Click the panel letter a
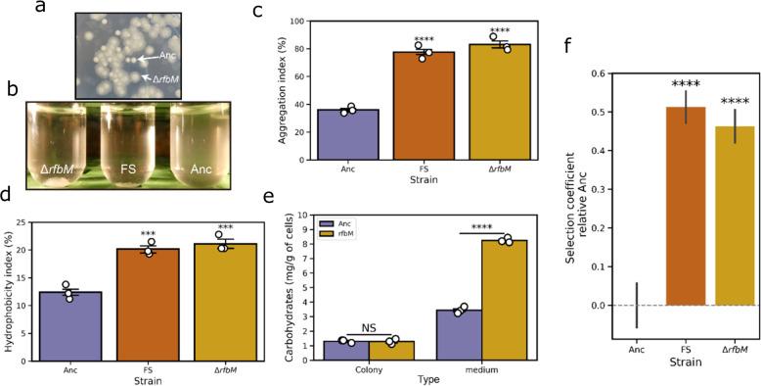66,9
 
